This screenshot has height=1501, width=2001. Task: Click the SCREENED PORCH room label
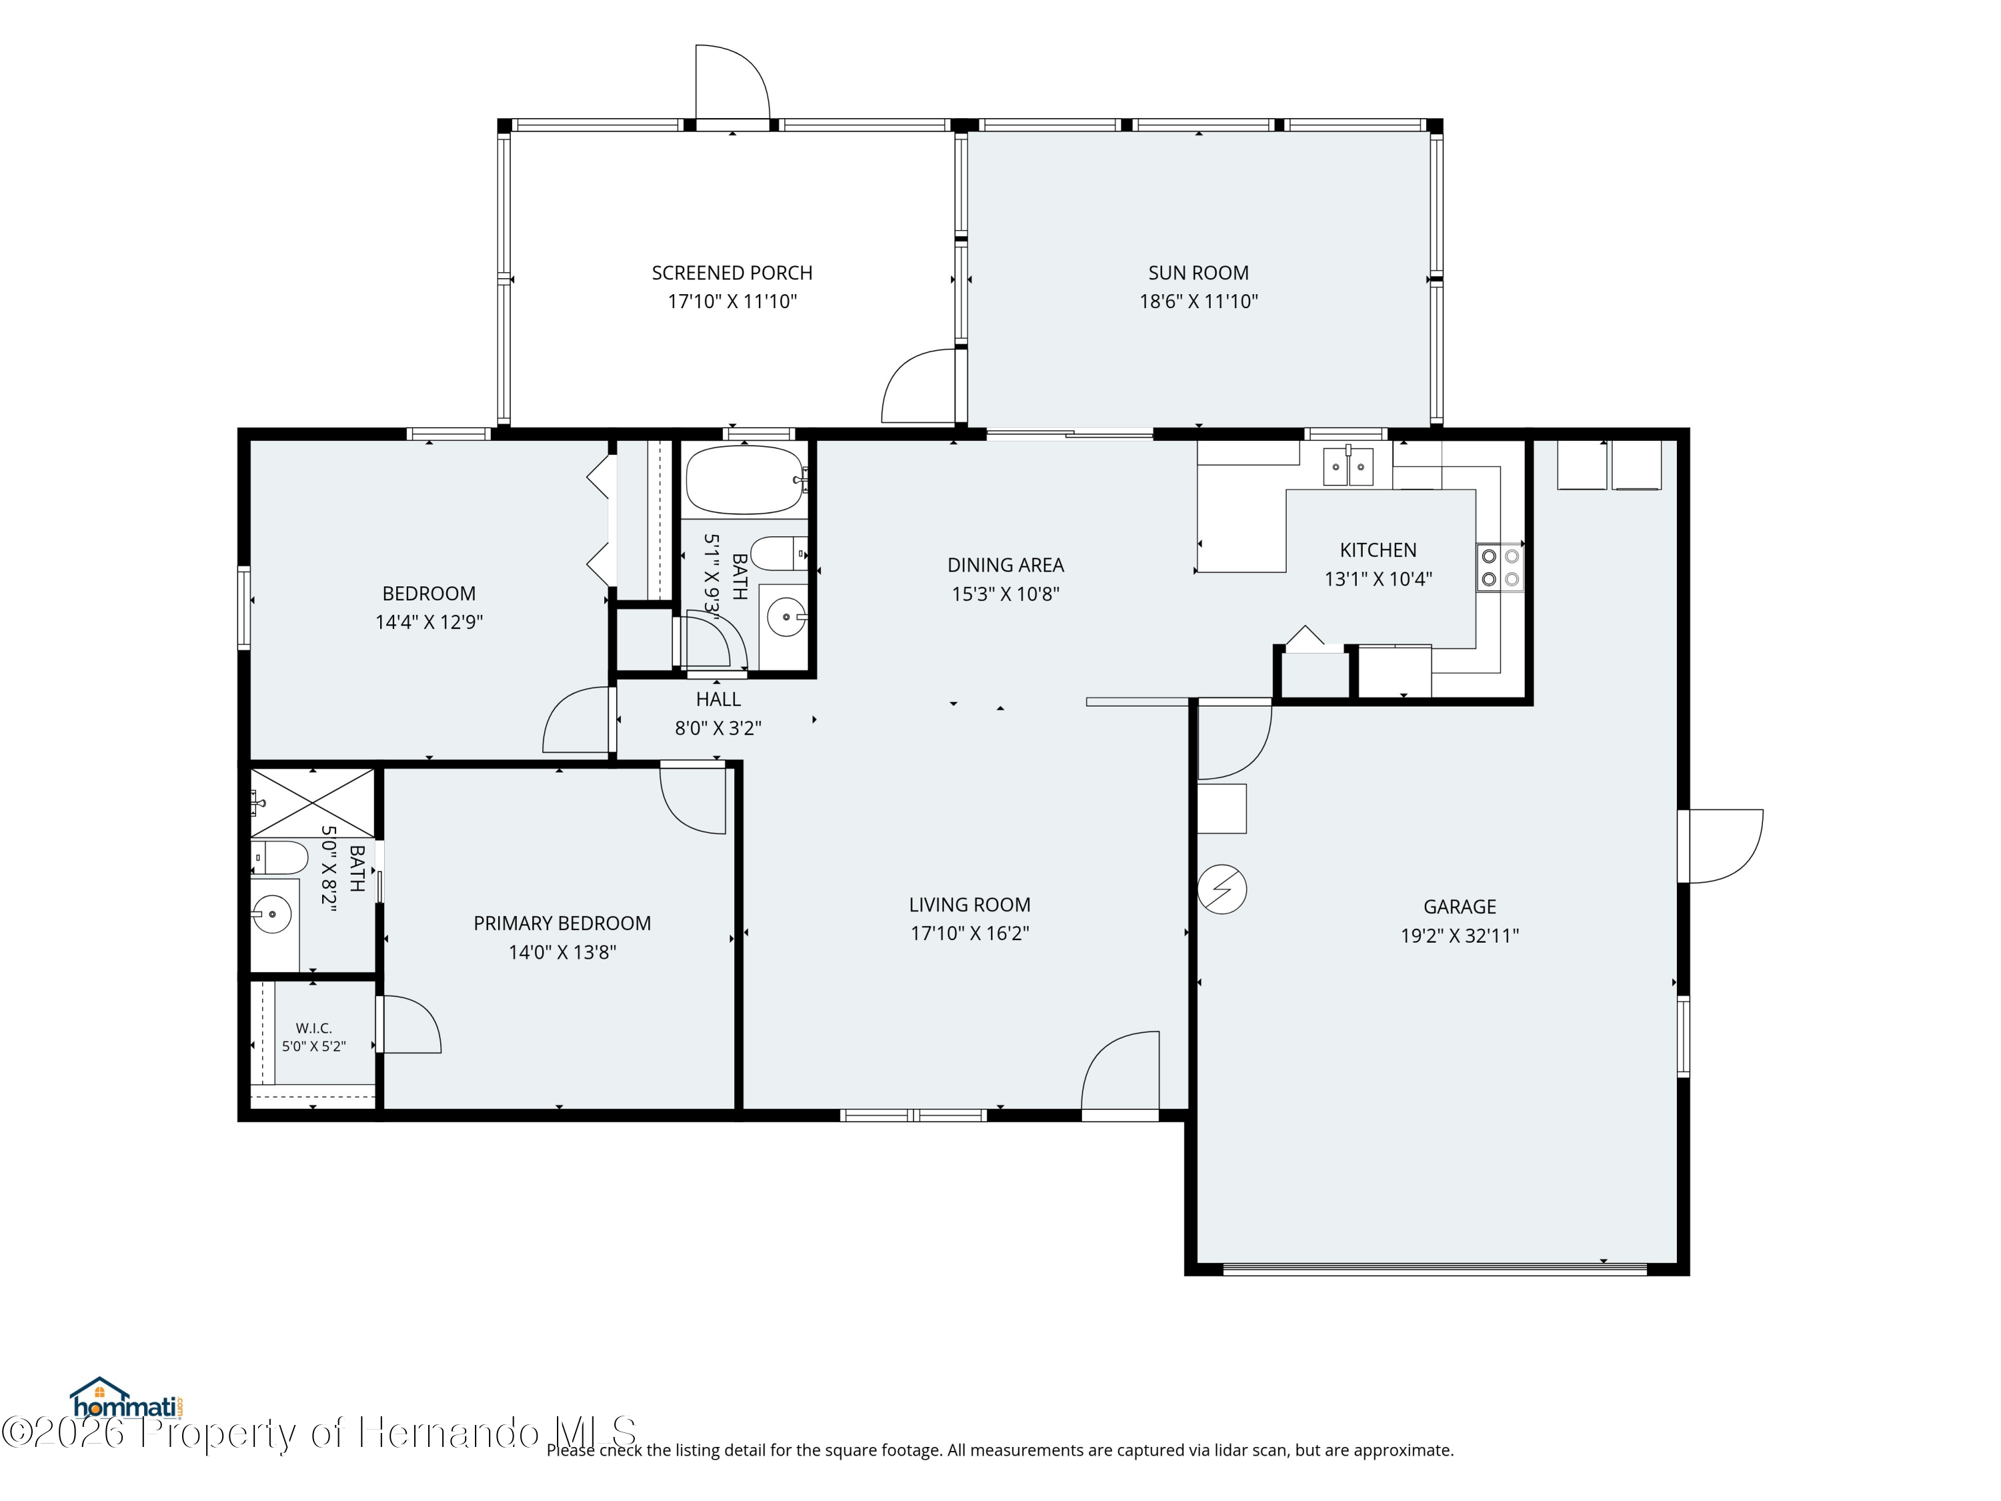732,272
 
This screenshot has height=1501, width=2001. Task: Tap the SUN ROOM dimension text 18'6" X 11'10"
1198,302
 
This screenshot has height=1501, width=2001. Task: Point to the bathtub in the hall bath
744,480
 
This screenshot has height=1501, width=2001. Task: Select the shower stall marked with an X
312,803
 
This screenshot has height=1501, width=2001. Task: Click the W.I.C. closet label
314,1028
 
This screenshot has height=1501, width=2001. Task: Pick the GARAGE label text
1459,907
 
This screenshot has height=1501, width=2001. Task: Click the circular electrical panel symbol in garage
1222,889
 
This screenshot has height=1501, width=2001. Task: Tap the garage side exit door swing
1722,846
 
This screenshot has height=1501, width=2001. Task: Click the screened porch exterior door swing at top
732,82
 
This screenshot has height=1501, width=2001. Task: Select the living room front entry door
1121,1071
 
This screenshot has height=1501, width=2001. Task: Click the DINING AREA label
1005,564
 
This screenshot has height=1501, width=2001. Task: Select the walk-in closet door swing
409,1024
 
